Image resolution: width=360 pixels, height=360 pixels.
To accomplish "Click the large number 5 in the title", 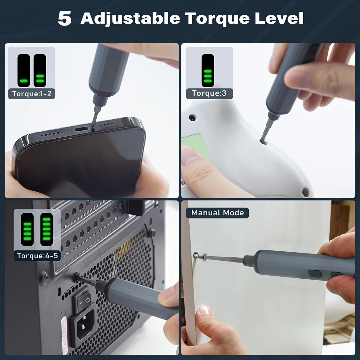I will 64,19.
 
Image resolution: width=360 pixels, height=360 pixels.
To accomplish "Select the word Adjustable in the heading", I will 130,19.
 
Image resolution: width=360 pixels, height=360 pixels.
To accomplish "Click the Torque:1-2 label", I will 32,94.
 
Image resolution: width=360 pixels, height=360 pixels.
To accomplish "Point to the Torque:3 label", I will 209,93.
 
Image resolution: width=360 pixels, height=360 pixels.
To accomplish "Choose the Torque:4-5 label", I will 37,256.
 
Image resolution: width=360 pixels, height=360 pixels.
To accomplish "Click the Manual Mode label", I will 217,213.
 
